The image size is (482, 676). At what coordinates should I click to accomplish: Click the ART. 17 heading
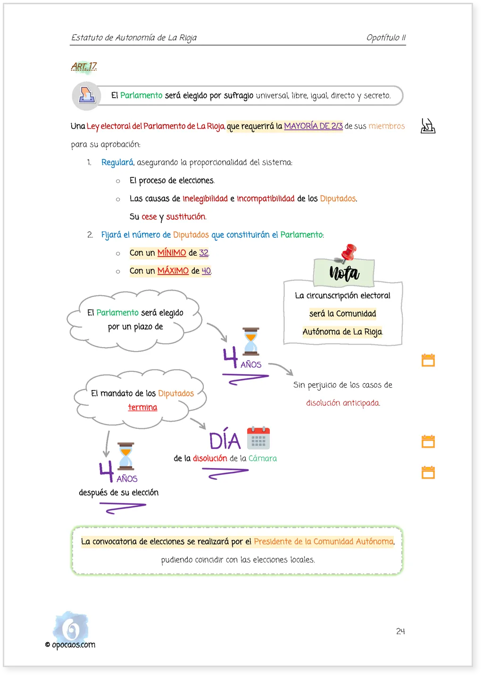point(84,66)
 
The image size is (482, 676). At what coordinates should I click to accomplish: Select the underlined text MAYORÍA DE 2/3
point(313,126)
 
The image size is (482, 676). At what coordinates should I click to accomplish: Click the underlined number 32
point(204,252)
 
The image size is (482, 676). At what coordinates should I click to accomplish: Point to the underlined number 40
point(206,271)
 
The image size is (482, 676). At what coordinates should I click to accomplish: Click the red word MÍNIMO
point(172,252)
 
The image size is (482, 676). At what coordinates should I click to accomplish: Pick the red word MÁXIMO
point(173,270)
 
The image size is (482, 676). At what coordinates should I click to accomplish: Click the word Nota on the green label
point(344,273)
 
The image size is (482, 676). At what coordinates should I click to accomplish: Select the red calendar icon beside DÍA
point(258,438)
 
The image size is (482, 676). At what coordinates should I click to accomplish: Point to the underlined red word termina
point(142,407)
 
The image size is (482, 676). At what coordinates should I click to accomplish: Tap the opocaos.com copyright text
point(70,644)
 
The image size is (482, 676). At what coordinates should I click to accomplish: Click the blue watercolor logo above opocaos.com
point(71,626)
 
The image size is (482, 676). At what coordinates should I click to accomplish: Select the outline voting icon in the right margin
point(428,126)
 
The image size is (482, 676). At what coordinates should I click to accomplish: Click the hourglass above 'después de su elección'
point(125,456)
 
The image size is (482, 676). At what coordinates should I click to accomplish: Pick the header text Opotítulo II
point(386,37)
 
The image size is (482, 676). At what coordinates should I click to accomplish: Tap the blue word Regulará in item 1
point(117,162)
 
